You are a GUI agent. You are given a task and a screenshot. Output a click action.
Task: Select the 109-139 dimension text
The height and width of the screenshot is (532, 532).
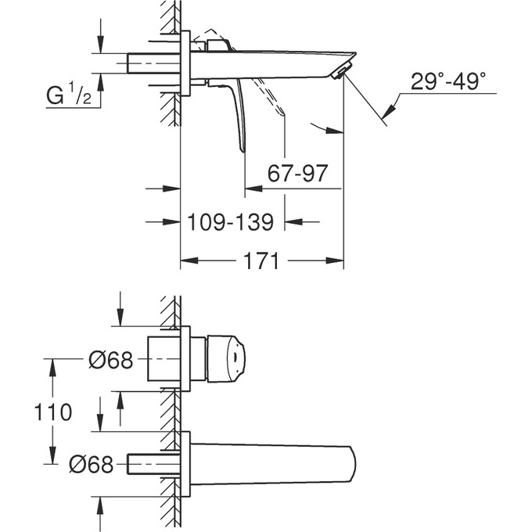(x=231, y=223)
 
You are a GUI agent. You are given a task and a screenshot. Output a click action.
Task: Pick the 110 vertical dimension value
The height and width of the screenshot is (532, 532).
(x=52, y=412)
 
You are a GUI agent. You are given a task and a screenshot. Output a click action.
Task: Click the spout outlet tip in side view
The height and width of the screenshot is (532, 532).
(x=343, y=71)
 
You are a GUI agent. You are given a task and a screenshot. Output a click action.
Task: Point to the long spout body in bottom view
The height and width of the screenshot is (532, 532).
(x=274, y=465)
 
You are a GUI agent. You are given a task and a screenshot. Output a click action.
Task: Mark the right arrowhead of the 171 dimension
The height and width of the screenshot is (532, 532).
(x=338, y=261)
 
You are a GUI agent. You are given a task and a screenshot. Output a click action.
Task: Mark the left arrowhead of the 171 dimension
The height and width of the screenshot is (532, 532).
(x=187, y=261)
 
